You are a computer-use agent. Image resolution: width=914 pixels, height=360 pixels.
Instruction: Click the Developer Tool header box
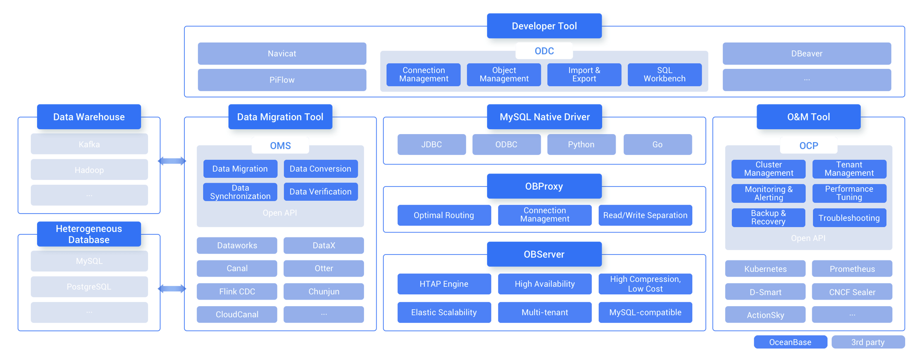coord(544,26)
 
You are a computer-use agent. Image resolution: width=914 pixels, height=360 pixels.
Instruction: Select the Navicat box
coord(282,54)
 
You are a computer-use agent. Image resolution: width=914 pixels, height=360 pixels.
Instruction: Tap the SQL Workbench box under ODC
coord(664,75)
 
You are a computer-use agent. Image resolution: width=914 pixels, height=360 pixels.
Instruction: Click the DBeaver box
coord(806,54)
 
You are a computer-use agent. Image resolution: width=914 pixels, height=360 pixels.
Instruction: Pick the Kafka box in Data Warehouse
coord(89,144)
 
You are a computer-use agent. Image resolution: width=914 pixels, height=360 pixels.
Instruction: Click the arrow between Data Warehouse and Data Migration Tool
coord(172,161)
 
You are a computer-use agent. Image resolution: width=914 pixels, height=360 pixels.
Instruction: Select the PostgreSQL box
coord(89,287)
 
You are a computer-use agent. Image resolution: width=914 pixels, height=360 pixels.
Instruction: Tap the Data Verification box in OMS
coord(320,192)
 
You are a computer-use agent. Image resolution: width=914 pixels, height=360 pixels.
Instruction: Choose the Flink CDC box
coord(237,292)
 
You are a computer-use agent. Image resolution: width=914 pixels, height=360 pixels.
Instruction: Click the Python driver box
coord(581,145)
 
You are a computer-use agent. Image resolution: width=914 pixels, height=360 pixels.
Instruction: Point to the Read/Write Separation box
coord(645,215)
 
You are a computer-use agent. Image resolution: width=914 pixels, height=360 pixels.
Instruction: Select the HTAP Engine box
coord(444,284)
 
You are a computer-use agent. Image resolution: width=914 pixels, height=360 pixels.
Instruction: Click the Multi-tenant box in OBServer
coord(544,312)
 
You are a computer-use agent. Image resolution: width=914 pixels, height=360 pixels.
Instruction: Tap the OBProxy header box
coord(544,186)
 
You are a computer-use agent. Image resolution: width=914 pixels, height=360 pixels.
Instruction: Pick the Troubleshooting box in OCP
coord(849,218)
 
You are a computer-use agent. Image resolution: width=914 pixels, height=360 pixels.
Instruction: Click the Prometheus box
coord(852,269)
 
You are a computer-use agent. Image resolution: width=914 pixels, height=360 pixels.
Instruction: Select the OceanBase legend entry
coord(790,342)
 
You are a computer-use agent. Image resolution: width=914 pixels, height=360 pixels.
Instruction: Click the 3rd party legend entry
coord(868,342)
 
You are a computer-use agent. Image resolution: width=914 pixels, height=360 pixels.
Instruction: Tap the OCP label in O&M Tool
coord(808,146)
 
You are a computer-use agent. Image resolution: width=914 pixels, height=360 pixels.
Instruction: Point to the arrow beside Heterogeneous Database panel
coord(172,289)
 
